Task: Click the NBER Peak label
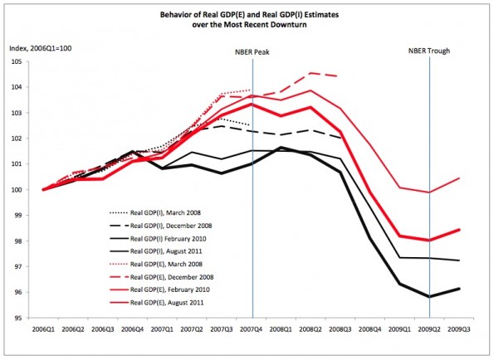pyautogui.click(x=252, y=52)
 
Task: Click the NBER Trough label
pyautogui.click(x=429, y=51)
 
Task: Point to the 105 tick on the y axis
pyautogui.click(x=17, y=61)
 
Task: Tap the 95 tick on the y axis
pyautogui.click(x=18, y=318)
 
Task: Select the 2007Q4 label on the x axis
pyautogui.click(x=251, y=329)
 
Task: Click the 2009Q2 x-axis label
pyautogui.click(x=429, y=329)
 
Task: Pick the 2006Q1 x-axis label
pyautogui.click(x=43, y=329)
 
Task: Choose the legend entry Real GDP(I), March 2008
pyautogui.click(x=155, y=212)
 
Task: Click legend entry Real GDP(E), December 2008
pyautogui.click(x=162, y=277)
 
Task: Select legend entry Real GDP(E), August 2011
pyautogui.click(x=157, y=303)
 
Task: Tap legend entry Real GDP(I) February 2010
pyautogui.click(x=158, y=239)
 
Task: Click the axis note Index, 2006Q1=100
pyautogui.click(x=41, y=48)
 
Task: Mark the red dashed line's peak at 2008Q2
pyautogui.click(x=311, y=73)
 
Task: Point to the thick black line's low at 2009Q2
pyautogui.click(x=429, y=297)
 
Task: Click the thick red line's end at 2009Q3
pyautogui.click(x=459, y=230)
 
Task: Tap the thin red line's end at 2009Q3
pyautogui.click(x=459, y=178)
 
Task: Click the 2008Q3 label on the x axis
pyautogui.click(x=340, y=329)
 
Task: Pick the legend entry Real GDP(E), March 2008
pyautogui.click(x=156, y=264)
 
